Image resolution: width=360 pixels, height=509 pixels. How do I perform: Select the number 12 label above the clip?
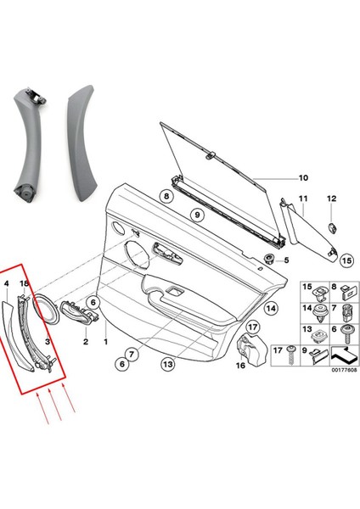(x=331, y=199)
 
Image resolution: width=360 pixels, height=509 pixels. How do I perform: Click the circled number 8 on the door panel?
(x=167, y=197)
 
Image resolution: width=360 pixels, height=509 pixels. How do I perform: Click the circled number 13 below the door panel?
(x=166, y=365)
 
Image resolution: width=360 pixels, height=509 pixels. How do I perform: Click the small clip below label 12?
(x=330, y=225)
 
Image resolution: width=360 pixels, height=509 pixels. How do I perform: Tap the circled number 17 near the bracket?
(x=253, y=327)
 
